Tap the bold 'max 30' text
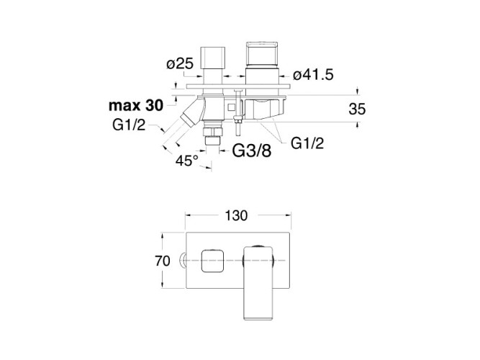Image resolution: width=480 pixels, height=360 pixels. point(137,106)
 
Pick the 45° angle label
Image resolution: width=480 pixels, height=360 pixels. point(186,161)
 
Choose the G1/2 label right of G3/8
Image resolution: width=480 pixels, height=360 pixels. point(308,143)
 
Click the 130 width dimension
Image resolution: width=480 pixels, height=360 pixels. point(237,215)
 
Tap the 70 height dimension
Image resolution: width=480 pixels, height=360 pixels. point(163,260)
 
